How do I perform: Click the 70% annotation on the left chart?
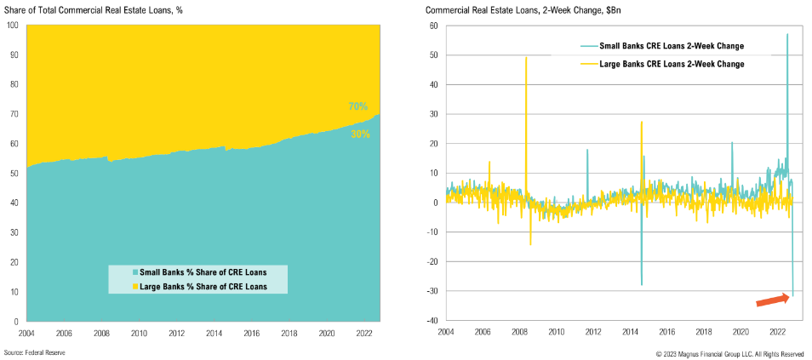(x=357, y=106)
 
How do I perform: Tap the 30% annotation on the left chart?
(x=360, y=134)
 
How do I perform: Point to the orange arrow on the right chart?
(x=773, y=298)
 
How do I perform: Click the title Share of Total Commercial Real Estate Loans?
(x=89, y=10)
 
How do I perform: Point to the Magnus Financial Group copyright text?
(x=729, y=352)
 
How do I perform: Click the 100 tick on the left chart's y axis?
(x=13, y=25)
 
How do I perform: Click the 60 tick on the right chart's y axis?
(x=433, y=26)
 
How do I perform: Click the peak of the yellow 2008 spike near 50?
(x=526, y=58)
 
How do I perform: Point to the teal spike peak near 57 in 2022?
(x=787, y=35)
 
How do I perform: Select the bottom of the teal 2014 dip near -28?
(x=642, y=284)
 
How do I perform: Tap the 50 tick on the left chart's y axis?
(x=14, y=174)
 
